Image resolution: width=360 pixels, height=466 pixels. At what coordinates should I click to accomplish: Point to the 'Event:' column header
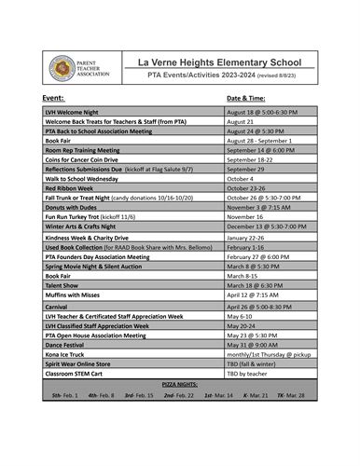[x=53, y=97]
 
